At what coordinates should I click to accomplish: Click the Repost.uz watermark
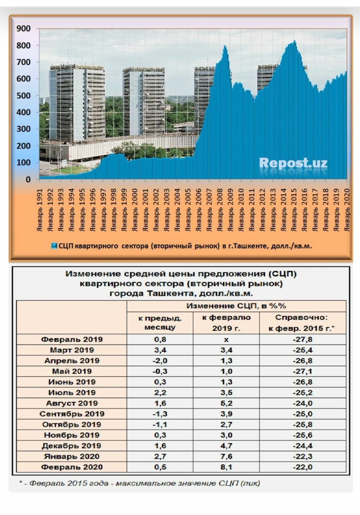(x=293, y=163)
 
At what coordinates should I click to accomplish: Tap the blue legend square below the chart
(x=54, y=246)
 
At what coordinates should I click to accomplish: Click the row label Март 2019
(x=72, y=350)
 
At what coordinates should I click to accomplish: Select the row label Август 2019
(x=72, y=403)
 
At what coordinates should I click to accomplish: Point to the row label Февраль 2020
(x=72, y=467)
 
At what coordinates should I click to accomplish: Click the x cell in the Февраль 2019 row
(x=226, y=339)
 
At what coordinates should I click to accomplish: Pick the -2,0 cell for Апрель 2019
(x=160, y=360)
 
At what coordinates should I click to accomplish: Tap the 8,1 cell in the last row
(x=226, y=467)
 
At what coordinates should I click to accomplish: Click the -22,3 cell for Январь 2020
(x=302, y=456)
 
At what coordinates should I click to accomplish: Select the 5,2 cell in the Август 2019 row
(x=226, y=403)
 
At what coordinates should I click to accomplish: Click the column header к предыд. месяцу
(x=160, y=323)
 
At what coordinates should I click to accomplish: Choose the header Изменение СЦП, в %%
(x=236, y=306)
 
